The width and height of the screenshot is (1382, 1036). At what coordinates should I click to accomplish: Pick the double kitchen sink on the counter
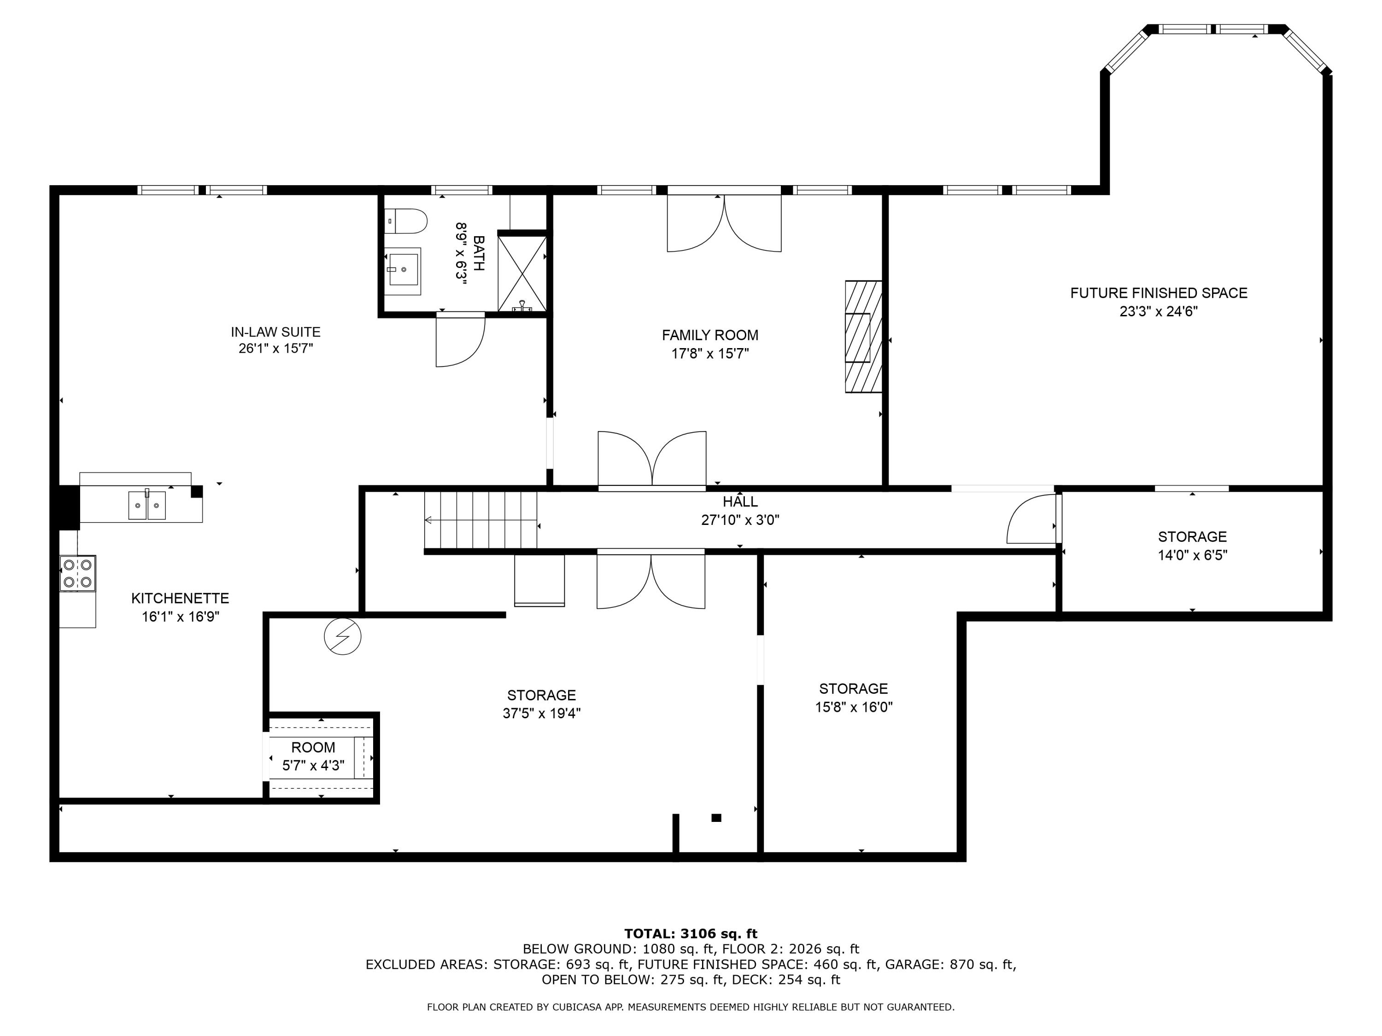pos(147,505)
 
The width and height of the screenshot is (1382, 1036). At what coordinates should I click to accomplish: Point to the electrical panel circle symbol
pos(342,636)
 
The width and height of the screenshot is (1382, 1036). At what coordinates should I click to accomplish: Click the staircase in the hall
pos(480,519)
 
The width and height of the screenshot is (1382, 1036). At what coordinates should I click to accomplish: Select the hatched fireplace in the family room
pos(863,337)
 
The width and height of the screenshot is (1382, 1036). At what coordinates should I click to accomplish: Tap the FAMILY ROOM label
pos(710,335)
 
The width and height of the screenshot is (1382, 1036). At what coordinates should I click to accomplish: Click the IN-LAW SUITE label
pos(275,332)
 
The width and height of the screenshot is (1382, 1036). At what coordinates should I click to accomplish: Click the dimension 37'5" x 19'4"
pos(542,713)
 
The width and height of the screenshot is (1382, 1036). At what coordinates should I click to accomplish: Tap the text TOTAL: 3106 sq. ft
pos(691,934)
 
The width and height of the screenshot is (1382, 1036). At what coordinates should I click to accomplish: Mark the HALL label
pos(740,501)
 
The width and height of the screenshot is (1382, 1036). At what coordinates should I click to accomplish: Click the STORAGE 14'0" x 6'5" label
pos(1192,537)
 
